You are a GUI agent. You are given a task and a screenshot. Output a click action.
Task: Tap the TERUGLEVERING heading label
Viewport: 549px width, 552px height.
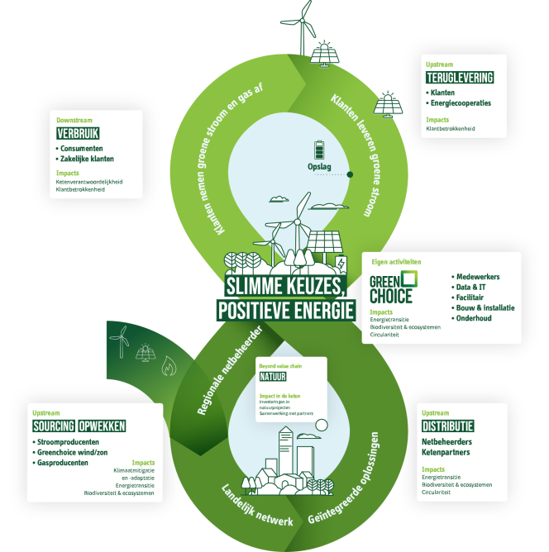tap(460, 78)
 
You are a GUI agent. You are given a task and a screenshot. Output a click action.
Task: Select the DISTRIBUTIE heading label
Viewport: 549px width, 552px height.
tap(448, 426)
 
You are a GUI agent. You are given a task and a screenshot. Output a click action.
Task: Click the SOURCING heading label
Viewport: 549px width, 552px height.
tap(53, 426)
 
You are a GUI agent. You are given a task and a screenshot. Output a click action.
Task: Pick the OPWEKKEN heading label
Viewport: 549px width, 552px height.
tap(102, 426)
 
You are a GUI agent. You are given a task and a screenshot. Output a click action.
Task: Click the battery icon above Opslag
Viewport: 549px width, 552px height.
tap(322, 149)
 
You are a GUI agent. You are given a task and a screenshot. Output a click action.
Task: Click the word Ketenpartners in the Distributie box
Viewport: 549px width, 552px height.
tap(446, 453)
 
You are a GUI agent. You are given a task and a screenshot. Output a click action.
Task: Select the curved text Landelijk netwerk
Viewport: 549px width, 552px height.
tap(258, 507)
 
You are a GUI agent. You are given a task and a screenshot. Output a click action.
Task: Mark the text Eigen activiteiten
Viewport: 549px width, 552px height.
tap(396, 262)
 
